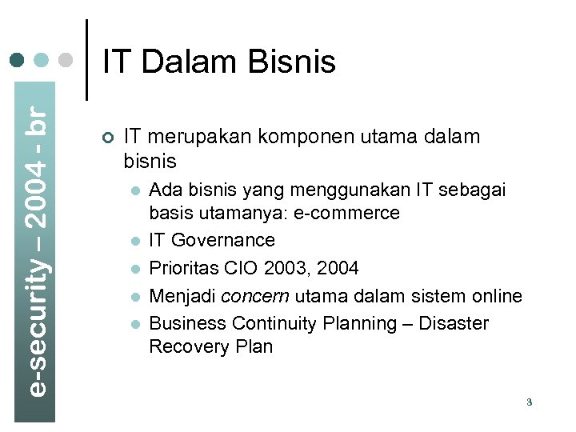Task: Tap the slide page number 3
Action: (x=530, y=402)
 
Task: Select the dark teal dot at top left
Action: (x=18, y=60)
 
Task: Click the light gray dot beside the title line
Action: (x=66, y=60)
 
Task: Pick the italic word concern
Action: (x=256, y=296)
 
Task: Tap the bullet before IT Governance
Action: (x=136, y=241)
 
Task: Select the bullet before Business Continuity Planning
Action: (x=136, y=324)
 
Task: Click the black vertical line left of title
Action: (x=86, y=60)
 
